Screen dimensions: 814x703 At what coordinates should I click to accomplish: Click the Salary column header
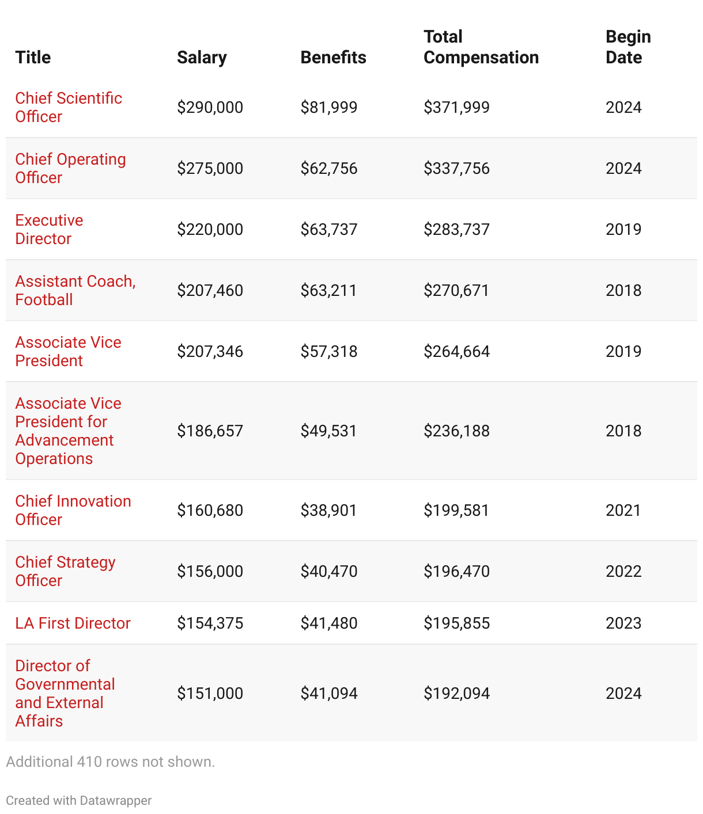pyautogui.click(x=202, y=58)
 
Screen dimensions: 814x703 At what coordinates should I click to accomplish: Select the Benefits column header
pyautogui.click(x=333, y=58)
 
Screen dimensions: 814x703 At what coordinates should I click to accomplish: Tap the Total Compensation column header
pyautogui.click(x=481, y=47)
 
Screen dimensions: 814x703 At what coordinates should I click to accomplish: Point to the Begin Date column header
pyautogui.click(x=628, y=47)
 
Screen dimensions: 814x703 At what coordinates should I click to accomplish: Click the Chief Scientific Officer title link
pyautogui.click(x=68, y=107)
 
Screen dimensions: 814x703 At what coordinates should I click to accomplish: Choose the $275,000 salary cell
pyautogui.click(x=210, y=168)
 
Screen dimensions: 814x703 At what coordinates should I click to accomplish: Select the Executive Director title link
pyautogui.click(x=49, y=229)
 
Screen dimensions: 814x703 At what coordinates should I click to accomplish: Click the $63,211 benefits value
pyautogui.click(x=328, y=290)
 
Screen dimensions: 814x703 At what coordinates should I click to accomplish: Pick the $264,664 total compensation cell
pyautogui.click(x=456, y=351)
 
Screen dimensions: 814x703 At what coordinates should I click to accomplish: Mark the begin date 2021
pyautogui.click(x=623, y=510)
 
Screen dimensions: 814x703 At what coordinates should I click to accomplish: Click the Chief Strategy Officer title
pyautogui.click(x=65, y=571)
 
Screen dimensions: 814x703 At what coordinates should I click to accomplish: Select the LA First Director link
pyautogui.click(x=73, y=623)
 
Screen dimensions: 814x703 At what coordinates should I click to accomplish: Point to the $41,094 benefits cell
pyautogui.click(x=328, y=693)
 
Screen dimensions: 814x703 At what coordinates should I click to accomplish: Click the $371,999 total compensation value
pyautogui.click(x=456, y=107)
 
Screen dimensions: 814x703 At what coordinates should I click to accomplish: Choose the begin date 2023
pyautogui.click(x=623, y=623)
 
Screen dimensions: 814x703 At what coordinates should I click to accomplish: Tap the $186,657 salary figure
pyautogui.click(x=210, y=431)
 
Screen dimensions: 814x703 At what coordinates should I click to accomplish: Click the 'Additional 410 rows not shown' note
pyautogui.click(x=110, y=762)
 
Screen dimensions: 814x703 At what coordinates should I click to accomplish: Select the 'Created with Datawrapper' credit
pyautogui.click(x=78, y=800)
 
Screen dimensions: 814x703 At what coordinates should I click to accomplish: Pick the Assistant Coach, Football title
pyautogui.click(x=75, y=290)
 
